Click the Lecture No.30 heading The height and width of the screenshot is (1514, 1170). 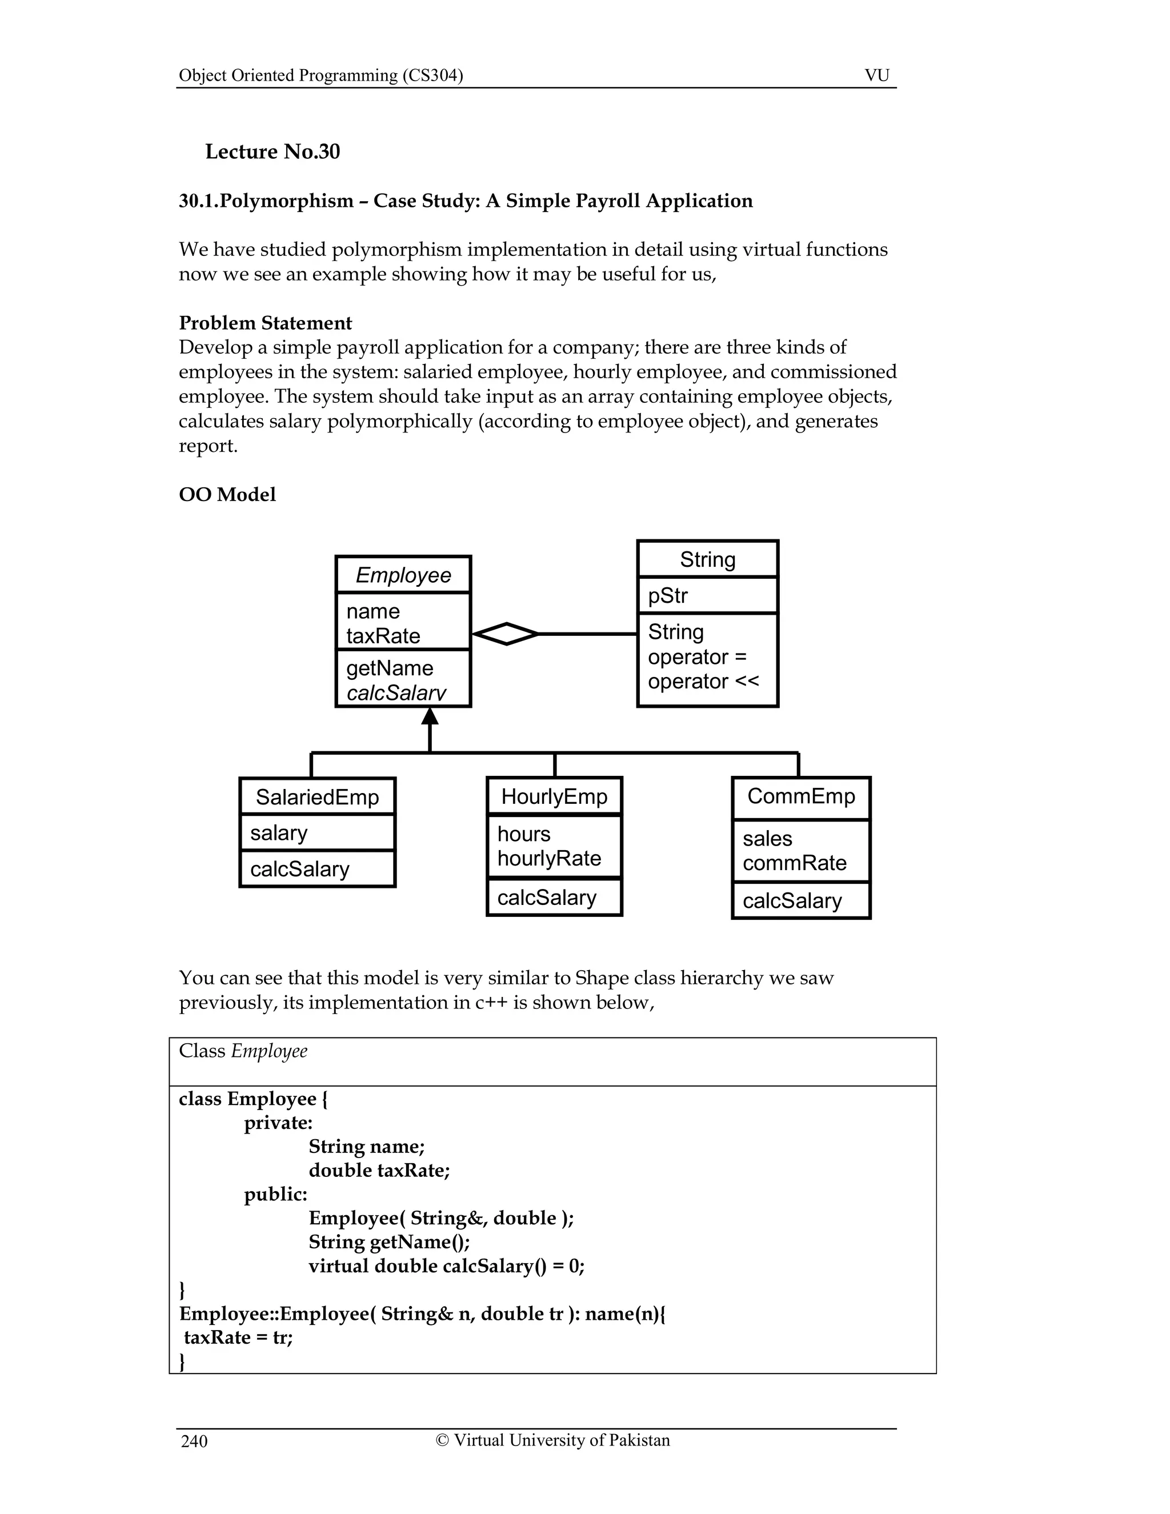273,152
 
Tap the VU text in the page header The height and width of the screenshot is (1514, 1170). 877,75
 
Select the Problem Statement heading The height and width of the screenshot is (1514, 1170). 266,323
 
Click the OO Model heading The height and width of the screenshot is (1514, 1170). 227,494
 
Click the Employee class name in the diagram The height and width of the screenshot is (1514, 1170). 403,575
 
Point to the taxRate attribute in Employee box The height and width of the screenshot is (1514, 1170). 383,636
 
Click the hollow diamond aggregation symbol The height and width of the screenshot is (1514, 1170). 507,634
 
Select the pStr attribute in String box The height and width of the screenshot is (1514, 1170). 667,595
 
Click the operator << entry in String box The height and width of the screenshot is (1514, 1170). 703,682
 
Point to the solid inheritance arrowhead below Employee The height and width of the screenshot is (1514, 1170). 430,716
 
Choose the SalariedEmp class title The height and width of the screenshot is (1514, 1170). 318,796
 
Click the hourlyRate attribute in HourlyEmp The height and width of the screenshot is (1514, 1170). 549,858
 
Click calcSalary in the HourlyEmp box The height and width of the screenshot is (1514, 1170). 546,898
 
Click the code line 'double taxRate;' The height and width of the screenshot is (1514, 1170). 379,1170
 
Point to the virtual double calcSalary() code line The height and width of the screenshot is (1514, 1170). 446,1266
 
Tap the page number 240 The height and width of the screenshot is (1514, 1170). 194,1441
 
